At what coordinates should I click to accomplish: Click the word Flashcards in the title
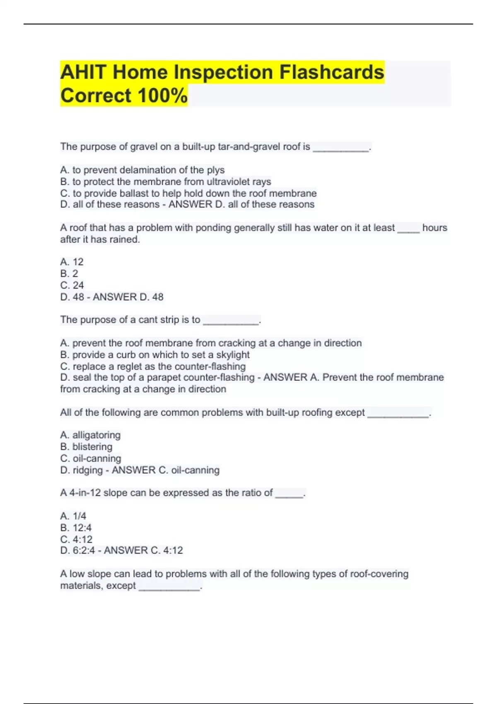(x=332, y=72)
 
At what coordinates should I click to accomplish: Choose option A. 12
(x=72, y=262)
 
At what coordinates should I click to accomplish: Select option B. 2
(x=69, y=273)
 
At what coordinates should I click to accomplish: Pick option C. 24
(x=72, y=285)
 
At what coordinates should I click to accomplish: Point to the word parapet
(x=164, y=378)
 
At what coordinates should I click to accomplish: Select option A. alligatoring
(x=90, y=435)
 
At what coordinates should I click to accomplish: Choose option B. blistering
(x=86, y=447)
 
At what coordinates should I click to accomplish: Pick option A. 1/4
(x=73, y=516)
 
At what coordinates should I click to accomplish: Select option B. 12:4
(x=76, y=528)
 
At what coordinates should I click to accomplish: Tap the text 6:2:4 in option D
(x=84, y=550)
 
